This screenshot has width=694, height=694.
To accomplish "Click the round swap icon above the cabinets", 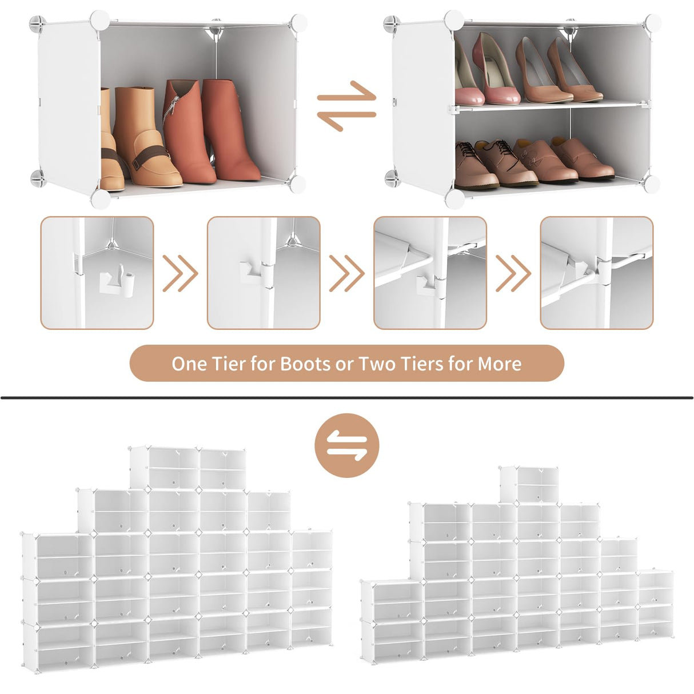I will pos(346,445).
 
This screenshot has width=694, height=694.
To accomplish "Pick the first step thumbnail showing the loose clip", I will pos(97,273).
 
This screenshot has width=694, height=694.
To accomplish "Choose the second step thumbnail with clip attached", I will pos(264,273).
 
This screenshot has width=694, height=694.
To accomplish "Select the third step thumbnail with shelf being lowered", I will pos(430,273).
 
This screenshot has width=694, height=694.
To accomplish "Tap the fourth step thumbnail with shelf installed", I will pos(596,273).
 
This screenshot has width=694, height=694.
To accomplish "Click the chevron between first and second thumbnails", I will pos(180,273).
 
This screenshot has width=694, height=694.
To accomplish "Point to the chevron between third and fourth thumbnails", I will pos(513,273).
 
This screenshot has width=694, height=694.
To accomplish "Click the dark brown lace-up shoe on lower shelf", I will pos(469,163).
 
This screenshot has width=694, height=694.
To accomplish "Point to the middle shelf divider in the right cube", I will pos(549,105).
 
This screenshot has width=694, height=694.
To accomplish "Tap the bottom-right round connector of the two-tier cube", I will pos(651,184).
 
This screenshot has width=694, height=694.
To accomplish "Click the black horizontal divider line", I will pos(346,397).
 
